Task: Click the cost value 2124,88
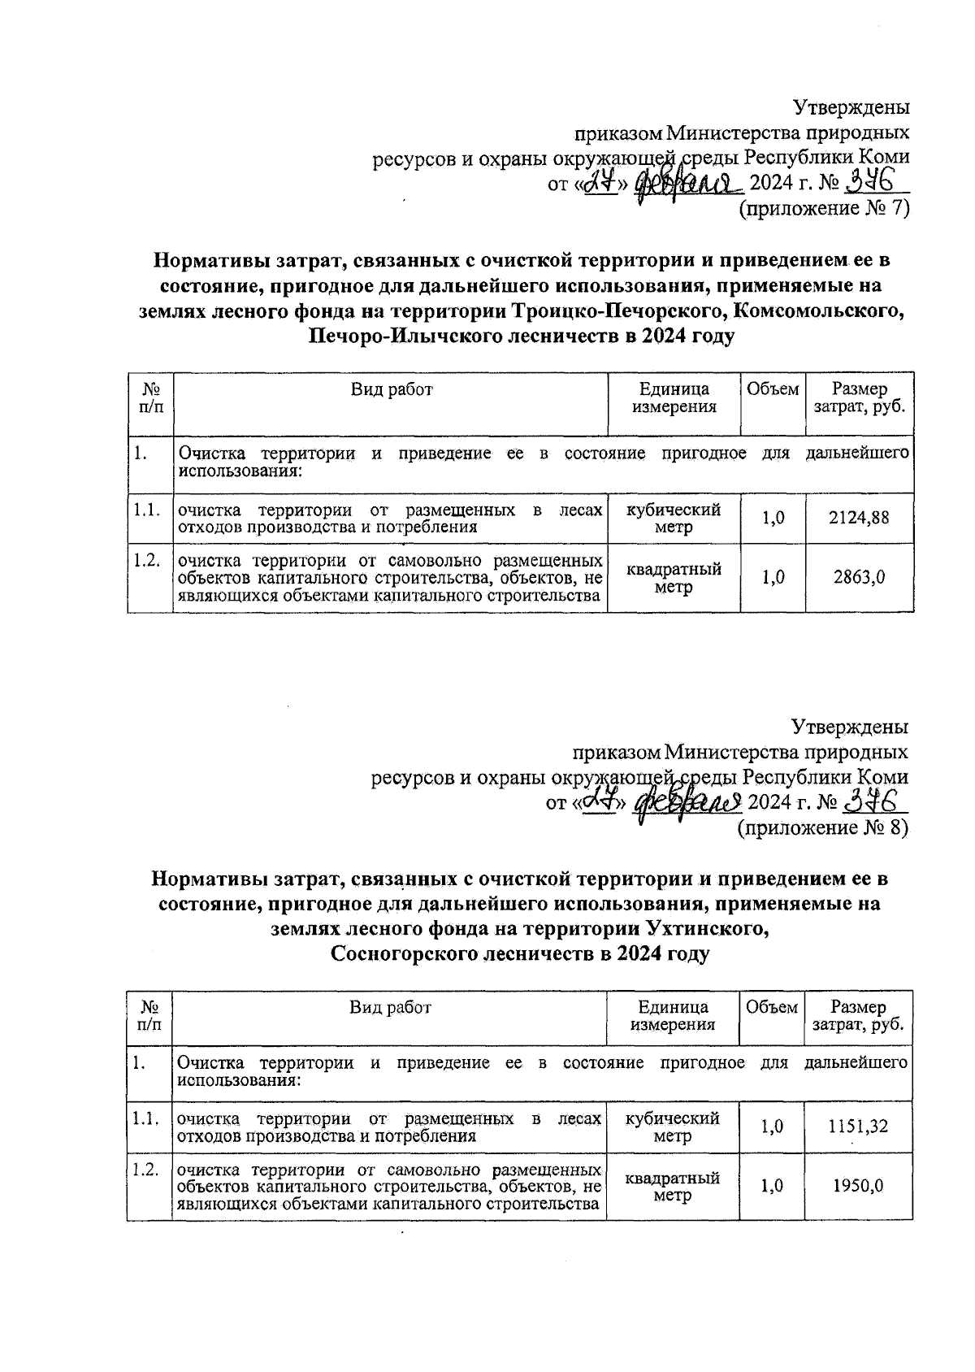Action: click(x=858, y=517)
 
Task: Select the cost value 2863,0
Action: click(x=859, y=577)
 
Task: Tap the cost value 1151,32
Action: click(x=858, y=1126)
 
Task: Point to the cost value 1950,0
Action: click(x=858, y=1186)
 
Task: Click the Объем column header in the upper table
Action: click(x=772, y=389)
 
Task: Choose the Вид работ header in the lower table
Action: click(x=390, y=1008)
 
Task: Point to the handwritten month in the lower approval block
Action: click(x=687, y=802)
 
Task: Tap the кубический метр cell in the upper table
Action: click(x=674, y=519)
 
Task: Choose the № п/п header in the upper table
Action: click(x=150, y=398)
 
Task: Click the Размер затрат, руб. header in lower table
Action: click(x=858, y=1016)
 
